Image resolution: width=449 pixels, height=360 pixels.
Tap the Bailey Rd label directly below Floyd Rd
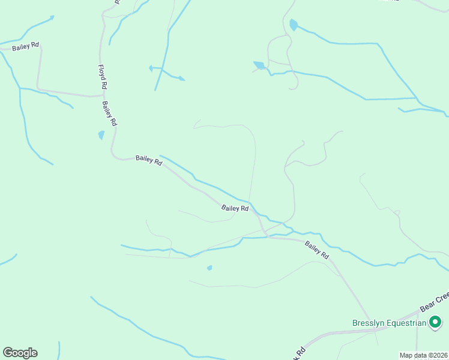tap(109, 113)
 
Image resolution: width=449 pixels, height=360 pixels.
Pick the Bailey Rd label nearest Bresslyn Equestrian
tap(317, 250)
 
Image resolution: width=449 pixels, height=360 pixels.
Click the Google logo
tap(20, 353)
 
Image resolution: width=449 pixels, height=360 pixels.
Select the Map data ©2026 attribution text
tap(424, 355)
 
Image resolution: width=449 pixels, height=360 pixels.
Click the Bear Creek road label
tap(434, 301)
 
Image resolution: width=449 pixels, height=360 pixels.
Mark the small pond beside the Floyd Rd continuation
tap(101, 135)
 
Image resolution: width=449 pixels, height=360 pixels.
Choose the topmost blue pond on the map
tap(293, 25)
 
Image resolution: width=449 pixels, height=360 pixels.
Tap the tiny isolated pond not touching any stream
tap(209, 268)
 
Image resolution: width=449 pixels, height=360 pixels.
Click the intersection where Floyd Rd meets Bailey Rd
tap(104, 94)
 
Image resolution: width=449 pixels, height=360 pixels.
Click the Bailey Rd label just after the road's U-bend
tap(149, 160)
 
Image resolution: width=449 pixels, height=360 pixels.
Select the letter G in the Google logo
tap(8, 353)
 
